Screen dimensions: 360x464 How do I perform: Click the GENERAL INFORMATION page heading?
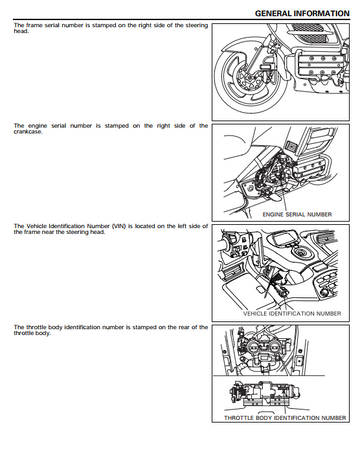(302, 13)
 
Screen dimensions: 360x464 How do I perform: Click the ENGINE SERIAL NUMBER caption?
(297, 214)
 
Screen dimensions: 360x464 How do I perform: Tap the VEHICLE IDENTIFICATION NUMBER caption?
(292, 313)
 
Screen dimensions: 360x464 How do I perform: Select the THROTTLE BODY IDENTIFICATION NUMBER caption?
(285, 418)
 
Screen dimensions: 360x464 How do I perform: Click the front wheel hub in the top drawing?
(246, 80)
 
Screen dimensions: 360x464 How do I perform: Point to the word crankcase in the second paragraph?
(28, 131)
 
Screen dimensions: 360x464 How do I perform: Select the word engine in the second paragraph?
(36, 126)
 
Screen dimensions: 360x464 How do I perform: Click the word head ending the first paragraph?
(21, 31)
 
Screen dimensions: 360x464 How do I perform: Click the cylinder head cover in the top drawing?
(320, 67)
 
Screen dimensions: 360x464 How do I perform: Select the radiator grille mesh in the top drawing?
(307, 28)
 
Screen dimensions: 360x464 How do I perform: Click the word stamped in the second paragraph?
(117, 126)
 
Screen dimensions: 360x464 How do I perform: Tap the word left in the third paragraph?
(178, 226)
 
